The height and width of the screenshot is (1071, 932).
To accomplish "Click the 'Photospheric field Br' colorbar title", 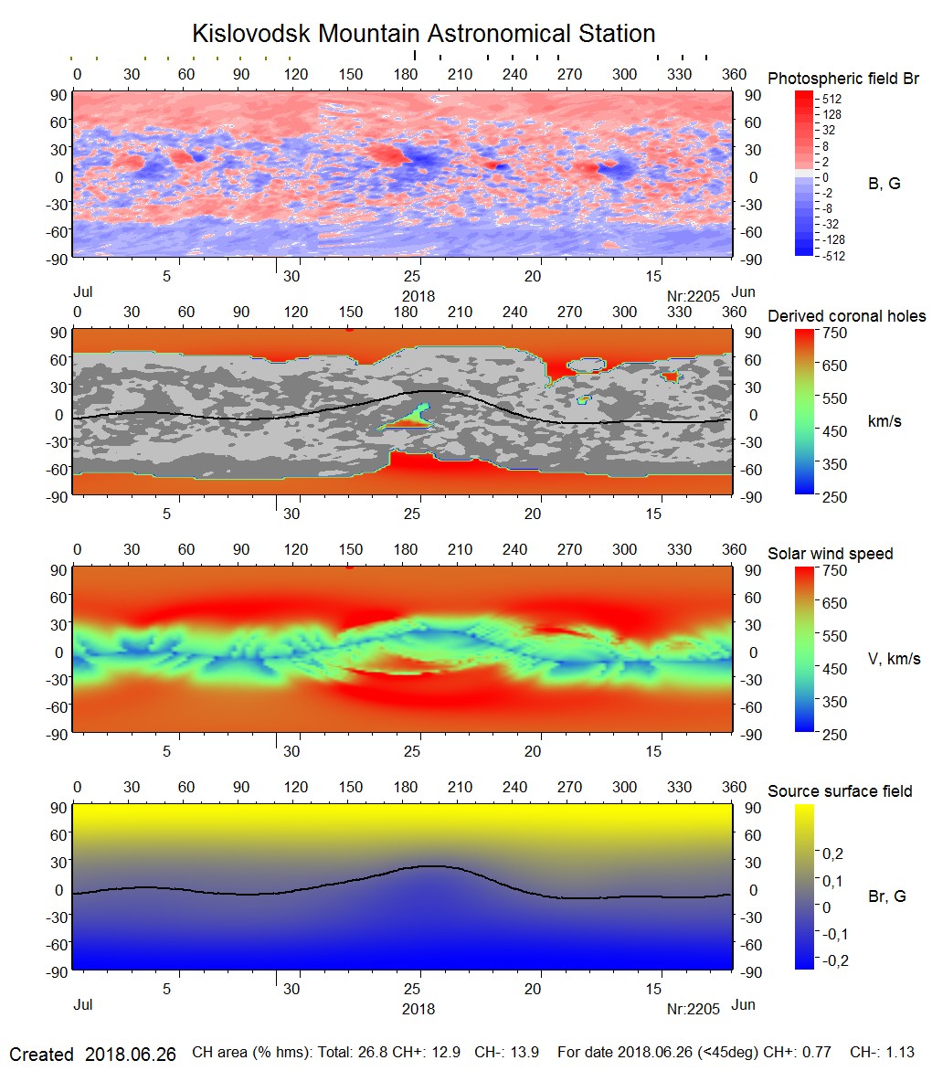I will pos(843,79).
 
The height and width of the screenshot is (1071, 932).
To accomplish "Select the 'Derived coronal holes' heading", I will pos(846,316).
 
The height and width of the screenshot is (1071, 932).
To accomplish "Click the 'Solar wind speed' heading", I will pos(830,554).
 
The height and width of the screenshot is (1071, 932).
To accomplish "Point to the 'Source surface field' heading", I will pos(839,790).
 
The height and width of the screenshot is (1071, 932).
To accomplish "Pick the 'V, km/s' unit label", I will pos(894,659).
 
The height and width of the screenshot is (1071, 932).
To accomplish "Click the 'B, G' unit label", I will pos(884,184).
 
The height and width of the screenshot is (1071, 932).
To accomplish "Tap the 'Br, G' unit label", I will pos(886,896).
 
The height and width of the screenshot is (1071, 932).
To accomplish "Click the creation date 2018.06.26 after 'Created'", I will pos(130,1054).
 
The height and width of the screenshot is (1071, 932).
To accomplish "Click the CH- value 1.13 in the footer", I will pos(900,1053).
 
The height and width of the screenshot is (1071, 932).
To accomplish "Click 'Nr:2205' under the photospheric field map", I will pos(694,295).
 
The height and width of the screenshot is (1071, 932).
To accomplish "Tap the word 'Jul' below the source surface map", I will pos(83,1004).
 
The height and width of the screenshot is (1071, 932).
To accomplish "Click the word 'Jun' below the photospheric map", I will pos(744,292).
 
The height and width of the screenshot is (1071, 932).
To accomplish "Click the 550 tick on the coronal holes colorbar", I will pos(836,398).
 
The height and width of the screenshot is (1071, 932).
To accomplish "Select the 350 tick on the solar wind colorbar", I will pos(836,702).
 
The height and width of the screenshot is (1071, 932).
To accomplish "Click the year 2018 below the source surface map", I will pos(418,1009).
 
